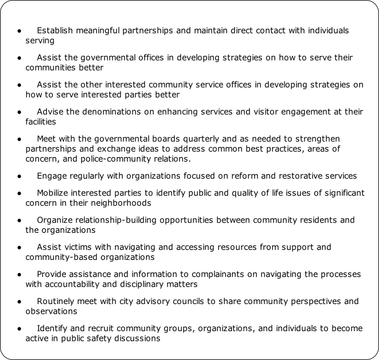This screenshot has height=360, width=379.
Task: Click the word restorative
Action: pos(300,175)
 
